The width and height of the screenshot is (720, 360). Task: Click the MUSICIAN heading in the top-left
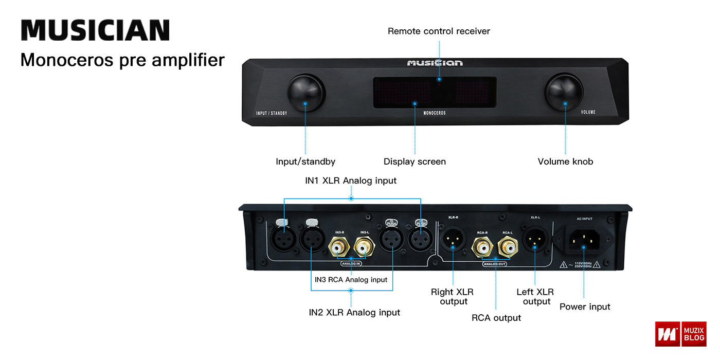(95, 30)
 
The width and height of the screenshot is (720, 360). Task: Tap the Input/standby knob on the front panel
(305, 93)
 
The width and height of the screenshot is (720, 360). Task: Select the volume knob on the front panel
(565, 93)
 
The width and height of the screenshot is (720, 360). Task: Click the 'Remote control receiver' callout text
(439, 31)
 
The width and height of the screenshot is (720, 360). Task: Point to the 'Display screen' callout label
(415, 161)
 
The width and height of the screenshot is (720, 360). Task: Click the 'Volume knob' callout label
(565, 161)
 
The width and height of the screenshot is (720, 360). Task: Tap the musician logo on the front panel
(435, 63)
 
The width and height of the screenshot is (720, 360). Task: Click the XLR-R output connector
(453, 240)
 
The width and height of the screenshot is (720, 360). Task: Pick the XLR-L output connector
(535, 240)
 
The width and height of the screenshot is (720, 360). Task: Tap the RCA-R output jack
(483, 248)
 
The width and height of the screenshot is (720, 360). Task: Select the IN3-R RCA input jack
(339, 248)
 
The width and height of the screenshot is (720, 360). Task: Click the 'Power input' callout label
(585, 307)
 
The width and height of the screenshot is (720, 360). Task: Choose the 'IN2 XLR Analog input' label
(354, 312)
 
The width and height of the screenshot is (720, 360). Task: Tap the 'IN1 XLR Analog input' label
(351, 181)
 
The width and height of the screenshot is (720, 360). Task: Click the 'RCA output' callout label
(496, 318)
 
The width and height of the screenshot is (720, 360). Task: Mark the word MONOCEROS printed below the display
(434, 113)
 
